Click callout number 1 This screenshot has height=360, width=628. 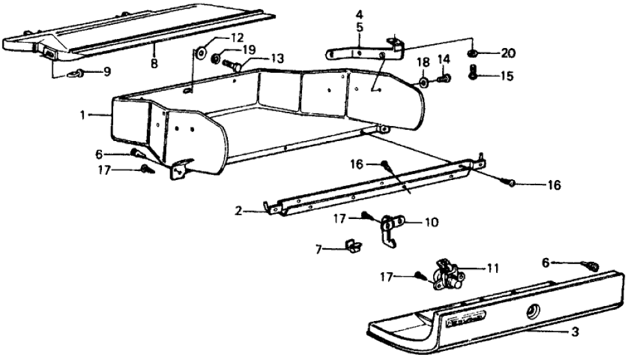coord(83,115)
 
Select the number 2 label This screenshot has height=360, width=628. coord(238,211)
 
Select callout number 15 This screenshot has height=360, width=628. coord(506,76)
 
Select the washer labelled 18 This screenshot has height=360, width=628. coord(423,83)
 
